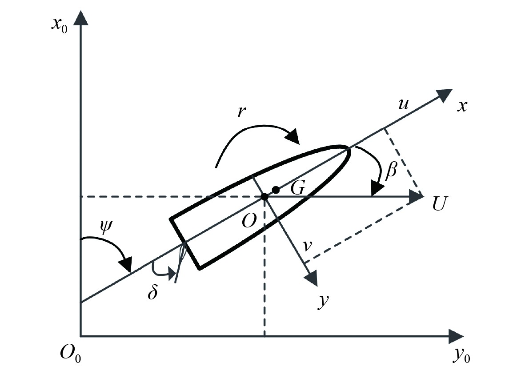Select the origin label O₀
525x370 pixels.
(71, 354)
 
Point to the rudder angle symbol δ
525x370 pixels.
(152, 294)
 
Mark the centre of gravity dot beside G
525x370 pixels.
(276, 190)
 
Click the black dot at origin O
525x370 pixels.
(265, 196)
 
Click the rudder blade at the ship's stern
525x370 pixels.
(180, 264)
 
